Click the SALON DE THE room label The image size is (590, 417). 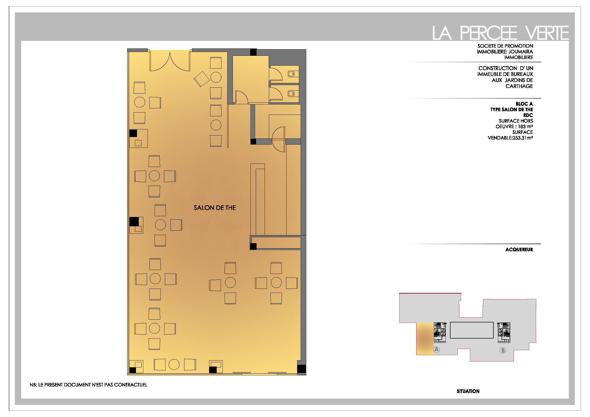click(x=215, y=208)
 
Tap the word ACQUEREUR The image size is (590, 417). click(x=519, y=249)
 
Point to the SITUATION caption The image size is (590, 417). click(x=468, y=391)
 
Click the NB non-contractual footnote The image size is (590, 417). click(x=88, y=385)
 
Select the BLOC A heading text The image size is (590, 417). click(x=524, y=104)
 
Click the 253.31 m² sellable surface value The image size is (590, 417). click(x=523, y=138)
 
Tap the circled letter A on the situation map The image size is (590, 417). click(x=437, y=349)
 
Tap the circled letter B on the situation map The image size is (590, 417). click(x=503, y=350)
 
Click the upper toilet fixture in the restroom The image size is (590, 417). click(x=291, y=74)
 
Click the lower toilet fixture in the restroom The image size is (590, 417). click(x=291, y=94)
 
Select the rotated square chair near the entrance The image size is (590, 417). click(x=202, y=79)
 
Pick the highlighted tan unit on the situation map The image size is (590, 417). click(x=425, y=339)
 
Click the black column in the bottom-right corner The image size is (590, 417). click(x=301, y=369)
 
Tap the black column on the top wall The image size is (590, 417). click(x=253, y=52)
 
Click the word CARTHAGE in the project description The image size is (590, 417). click(x=519, y=86)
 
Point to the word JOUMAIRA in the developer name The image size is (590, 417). click(x=520, y=52)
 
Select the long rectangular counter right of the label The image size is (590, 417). click(x=258, y=199)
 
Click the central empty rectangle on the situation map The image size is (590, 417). click(x=472, y=330)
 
